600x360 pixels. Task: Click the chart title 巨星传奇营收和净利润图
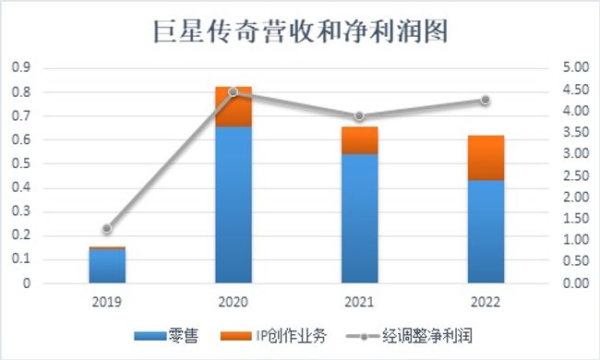point(300,32)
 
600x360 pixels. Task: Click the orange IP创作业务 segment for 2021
point(359,139)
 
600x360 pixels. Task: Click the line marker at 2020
point(233,91)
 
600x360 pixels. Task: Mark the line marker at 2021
point(359,116)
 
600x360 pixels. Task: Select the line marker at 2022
point(485,100)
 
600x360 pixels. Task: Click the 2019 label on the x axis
point(107,301)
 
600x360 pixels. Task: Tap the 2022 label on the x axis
point(485,301)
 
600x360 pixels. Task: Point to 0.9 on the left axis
point(20,68)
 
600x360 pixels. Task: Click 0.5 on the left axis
point(20,163)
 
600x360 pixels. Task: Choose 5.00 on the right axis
point(575,68)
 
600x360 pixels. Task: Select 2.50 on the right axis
point(575,175)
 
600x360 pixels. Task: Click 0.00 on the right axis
point(575,283)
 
